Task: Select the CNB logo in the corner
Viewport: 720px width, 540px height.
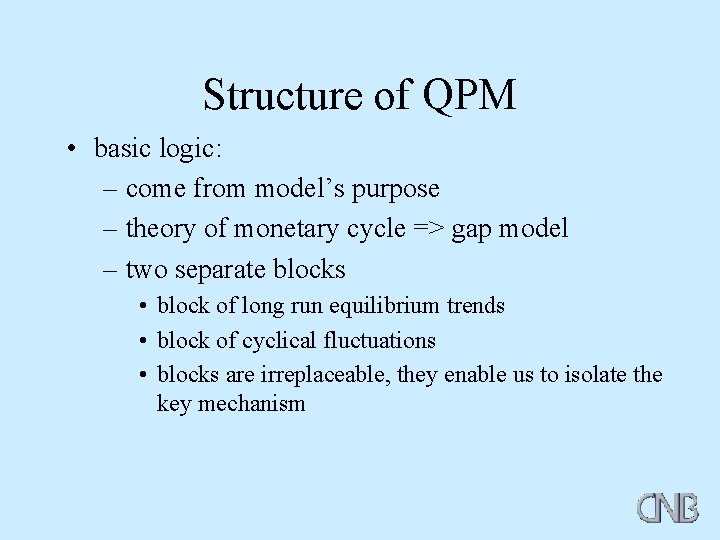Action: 668,507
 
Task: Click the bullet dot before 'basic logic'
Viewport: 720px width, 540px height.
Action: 73,150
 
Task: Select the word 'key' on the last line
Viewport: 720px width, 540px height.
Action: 174,405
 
